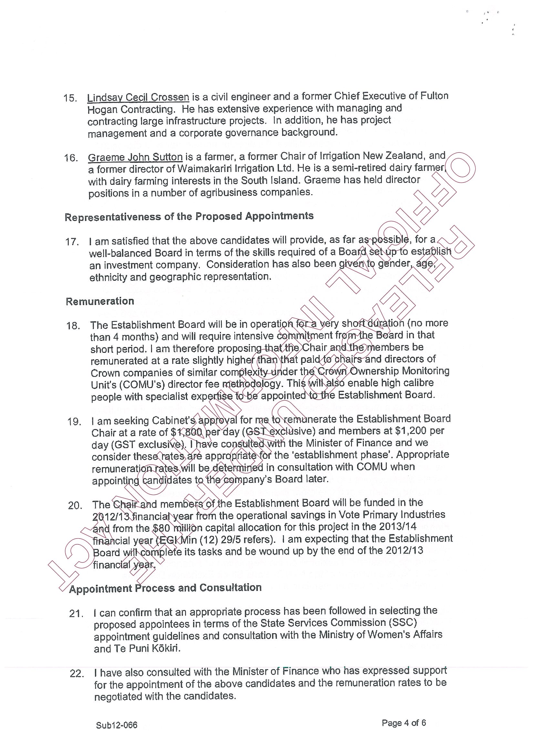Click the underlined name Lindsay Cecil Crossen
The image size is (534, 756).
[x=138, y=98]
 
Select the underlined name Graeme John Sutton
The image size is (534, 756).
[x=135, y=157]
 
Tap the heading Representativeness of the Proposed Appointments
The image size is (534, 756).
[x=189, y=217]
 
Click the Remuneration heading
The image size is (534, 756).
[x=100, y=301]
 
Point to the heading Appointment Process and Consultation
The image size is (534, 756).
[x=165, y=588]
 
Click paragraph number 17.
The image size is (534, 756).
[x=72, y=242]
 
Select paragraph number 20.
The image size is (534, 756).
[x=75, y=505]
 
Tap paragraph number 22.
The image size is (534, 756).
[x=76, y=674]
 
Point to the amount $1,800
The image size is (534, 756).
[x=187, y=432]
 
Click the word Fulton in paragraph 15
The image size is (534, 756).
[x=434, y=96]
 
